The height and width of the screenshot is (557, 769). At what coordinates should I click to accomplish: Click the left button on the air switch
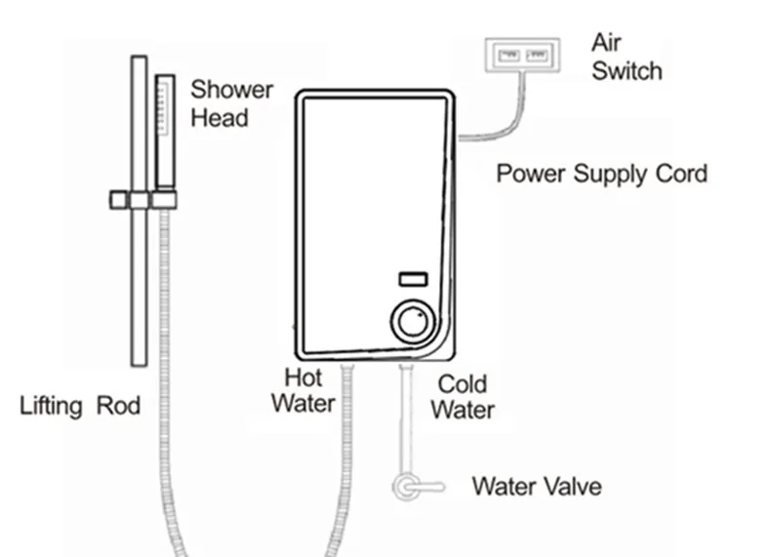[507, 56]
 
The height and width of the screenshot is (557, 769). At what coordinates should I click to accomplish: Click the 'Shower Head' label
[230, 103]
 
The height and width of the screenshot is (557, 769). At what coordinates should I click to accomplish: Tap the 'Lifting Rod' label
[80, 405]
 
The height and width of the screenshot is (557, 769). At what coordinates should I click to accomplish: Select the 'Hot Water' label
[303, 389]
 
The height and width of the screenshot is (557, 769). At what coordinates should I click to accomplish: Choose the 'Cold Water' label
[462, 395]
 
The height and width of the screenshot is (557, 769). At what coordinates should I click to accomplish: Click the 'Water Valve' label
[537, 485]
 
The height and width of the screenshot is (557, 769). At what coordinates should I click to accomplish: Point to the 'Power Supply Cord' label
[601, 175]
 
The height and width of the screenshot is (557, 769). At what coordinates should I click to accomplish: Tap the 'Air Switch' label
[626, 58]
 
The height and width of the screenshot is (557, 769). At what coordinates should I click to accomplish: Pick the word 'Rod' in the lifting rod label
[117, 405]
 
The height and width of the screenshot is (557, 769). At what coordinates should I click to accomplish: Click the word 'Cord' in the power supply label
[682, 175]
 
